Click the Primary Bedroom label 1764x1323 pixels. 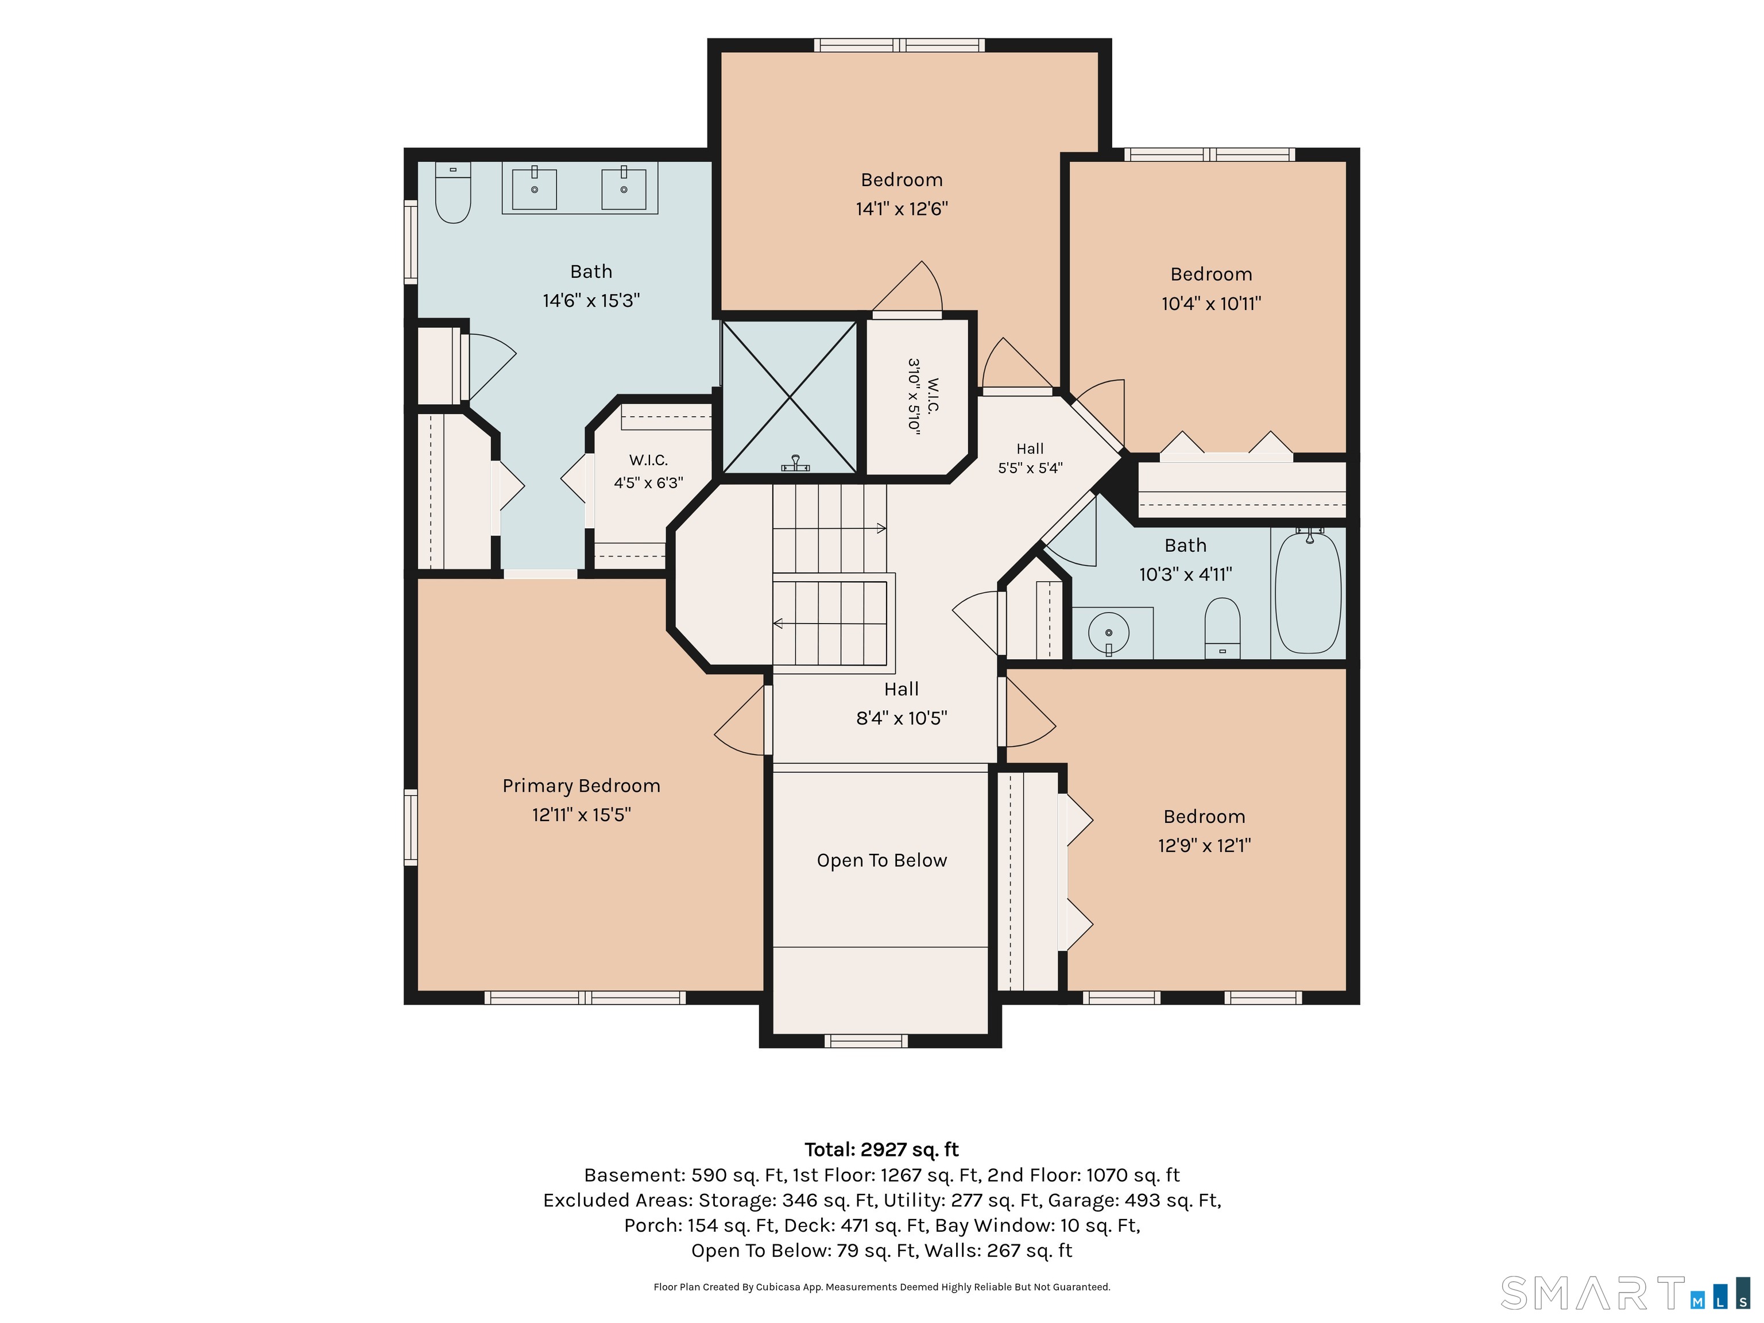coord(581,786)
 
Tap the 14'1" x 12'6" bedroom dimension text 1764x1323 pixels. coord(902,209)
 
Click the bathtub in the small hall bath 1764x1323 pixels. coord(1308,591)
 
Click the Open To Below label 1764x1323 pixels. coord(882,861)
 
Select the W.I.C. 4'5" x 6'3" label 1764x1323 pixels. coord(648,471)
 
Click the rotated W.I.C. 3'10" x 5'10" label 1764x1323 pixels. coord(923,396)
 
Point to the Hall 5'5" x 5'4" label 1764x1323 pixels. coord(1030,459)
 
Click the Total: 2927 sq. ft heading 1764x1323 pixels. coord(882,1149)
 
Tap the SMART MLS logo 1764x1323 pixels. coord(1625,1293)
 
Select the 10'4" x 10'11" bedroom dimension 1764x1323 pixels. coord(1212,303)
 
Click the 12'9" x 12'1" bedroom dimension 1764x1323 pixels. coord(1204,845)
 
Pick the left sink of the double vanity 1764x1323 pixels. coord(534,188)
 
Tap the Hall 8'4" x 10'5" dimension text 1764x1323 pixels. coord(902,718)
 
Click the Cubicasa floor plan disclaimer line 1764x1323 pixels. coord(882,1286)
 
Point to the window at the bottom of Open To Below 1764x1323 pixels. coord(866,1040)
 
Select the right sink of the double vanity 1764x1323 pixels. coord(624,188)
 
